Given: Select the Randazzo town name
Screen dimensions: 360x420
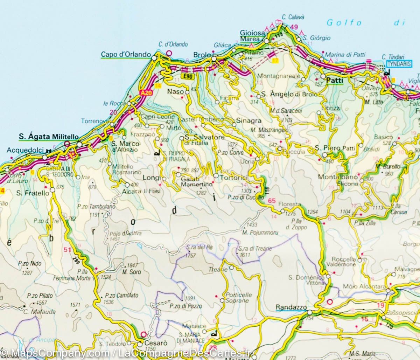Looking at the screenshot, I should point(290,307).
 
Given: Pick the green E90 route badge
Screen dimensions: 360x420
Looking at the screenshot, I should point(186,76).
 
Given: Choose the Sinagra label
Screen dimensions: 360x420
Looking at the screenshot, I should point(249,120).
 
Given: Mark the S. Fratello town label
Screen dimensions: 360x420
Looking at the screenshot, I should point(30,192).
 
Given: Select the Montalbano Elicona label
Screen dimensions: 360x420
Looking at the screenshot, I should point(338,180).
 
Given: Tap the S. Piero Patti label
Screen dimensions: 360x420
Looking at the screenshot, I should point(335,148).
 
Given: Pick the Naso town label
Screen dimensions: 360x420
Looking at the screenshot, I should point(174,91).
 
